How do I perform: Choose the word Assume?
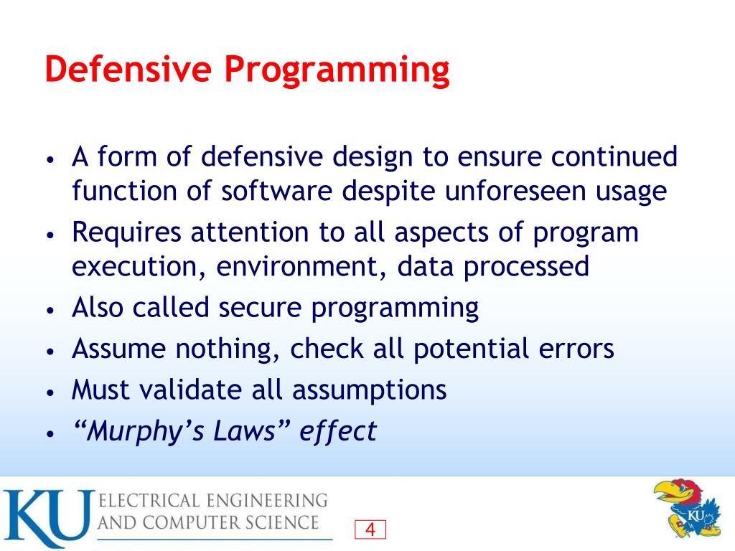pyautogui.click(x=119, y=349)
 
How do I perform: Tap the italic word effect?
pyautogui.click(x=337, y=431)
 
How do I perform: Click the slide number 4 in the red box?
pyautogui.click(x=370, y=530)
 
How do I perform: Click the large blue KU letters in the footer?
pyautogui.click(x=47, y=518)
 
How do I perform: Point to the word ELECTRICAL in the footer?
pyautogui.click(x=148, y=499)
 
